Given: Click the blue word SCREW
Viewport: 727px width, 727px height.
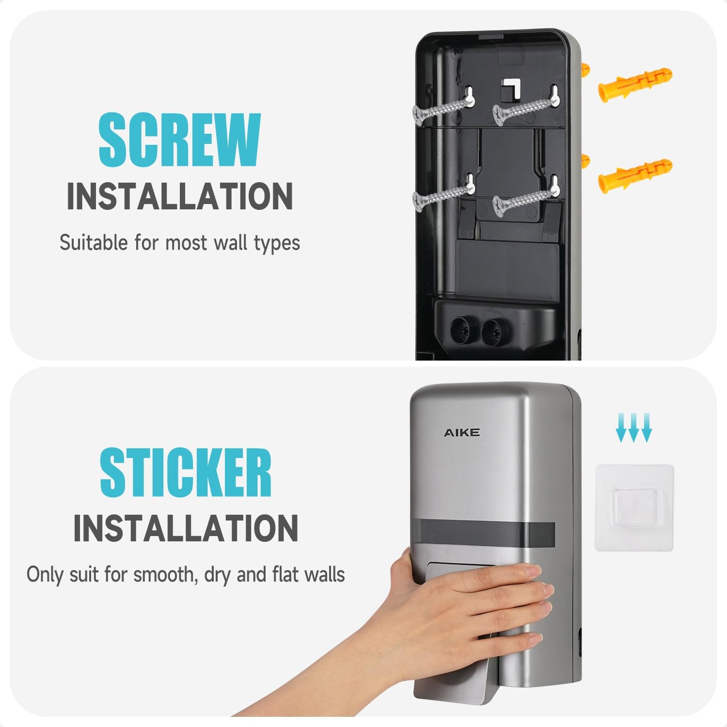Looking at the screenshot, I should (x=179, y=140).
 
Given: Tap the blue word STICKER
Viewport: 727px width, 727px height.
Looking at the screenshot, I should (x=185, y=472).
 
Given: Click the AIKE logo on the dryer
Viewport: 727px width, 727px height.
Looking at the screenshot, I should (x=461, y=432).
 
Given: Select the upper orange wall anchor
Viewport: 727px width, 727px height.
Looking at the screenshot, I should (x=635, y=82).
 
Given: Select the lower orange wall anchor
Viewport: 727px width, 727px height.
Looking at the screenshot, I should (x=635, y=175).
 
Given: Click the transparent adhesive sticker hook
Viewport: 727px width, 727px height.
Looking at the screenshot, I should (x=634, y=507).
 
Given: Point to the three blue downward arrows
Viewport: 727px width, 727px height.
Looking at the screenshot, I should (x=633, y=428).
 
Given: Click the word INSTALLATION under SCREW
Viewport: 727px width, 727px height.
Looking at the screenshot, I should (x=179, y=196).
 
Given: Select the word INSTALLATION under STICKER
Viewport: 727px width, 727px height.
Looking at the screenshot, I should (x=185, y=528).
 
